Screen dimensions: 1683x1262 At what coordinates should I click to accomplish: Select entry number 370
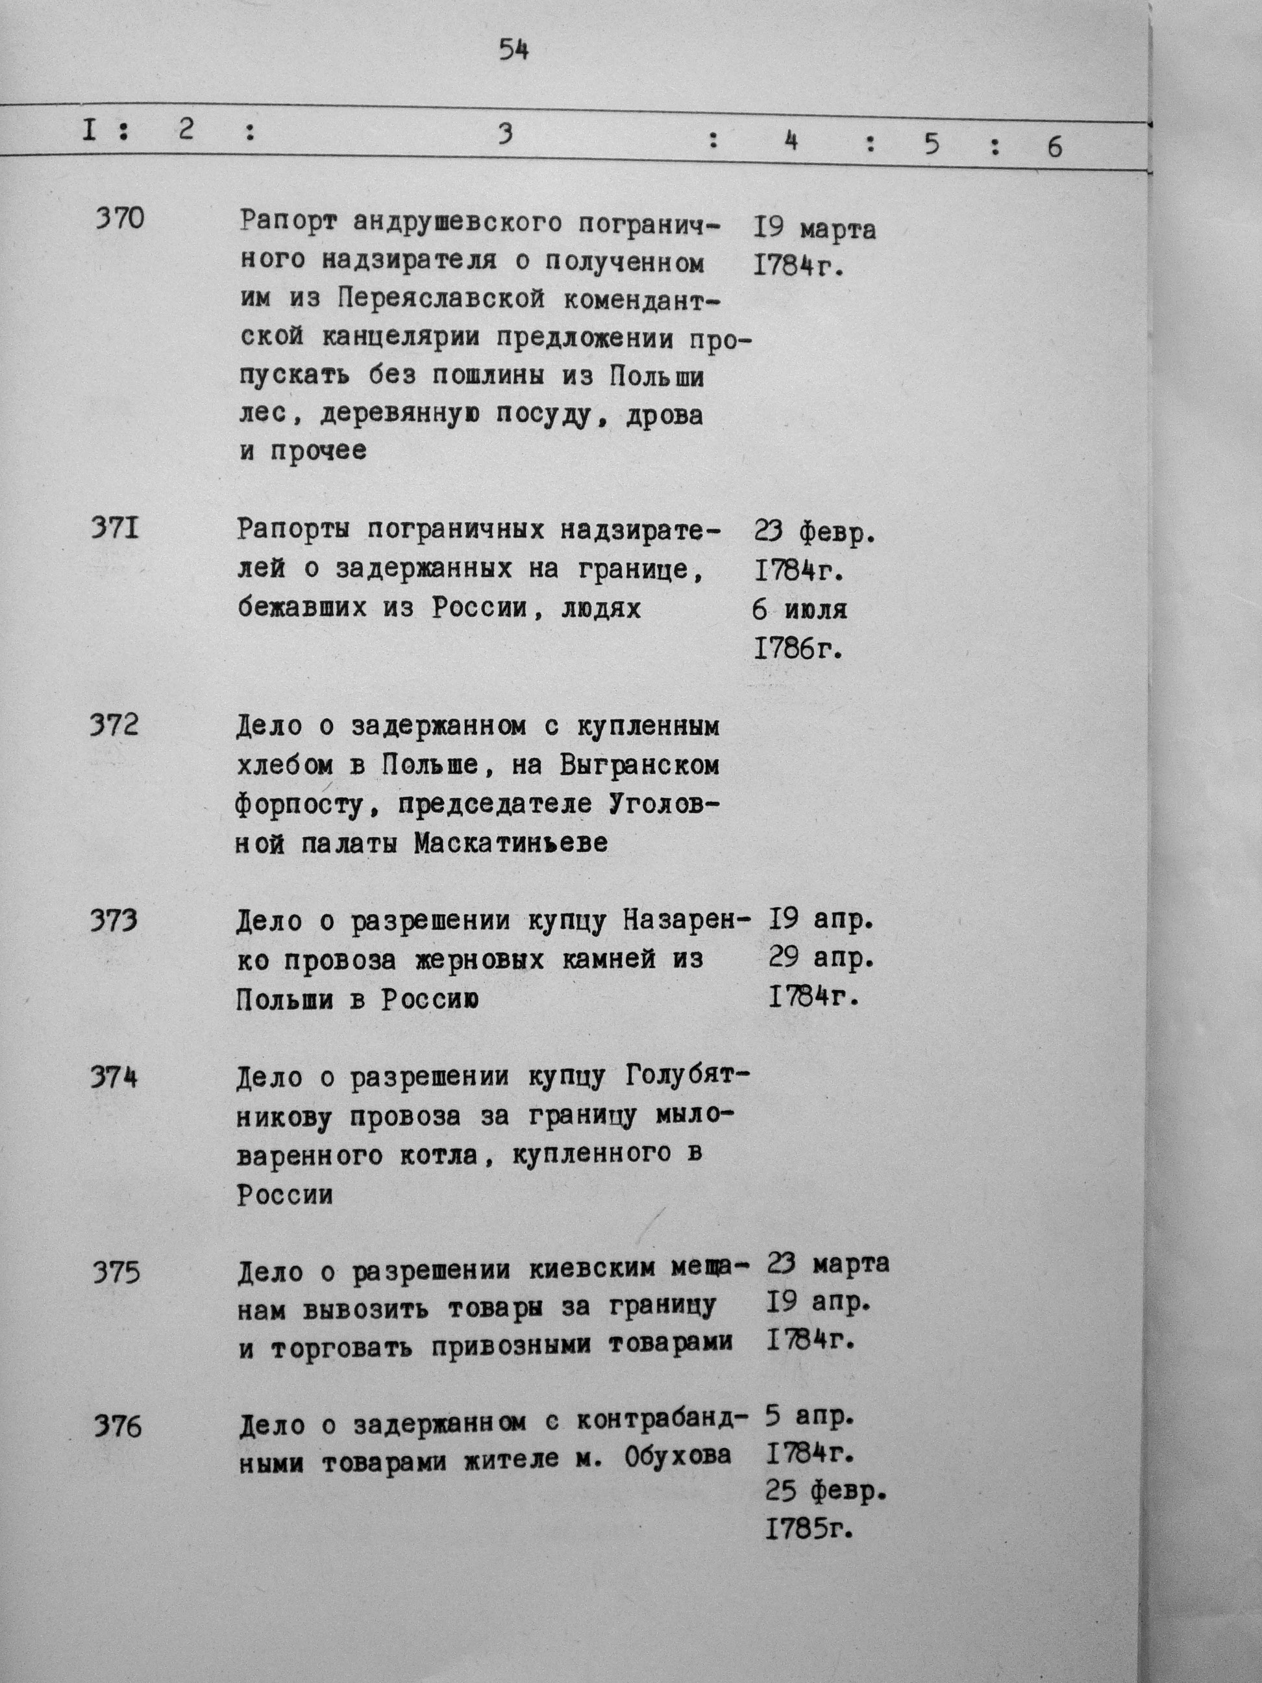119,221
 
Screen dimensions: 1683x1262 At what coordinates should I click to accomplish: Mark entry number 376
118,1427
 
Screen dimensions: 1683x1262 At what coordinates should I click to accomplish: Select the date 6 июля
800,610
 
